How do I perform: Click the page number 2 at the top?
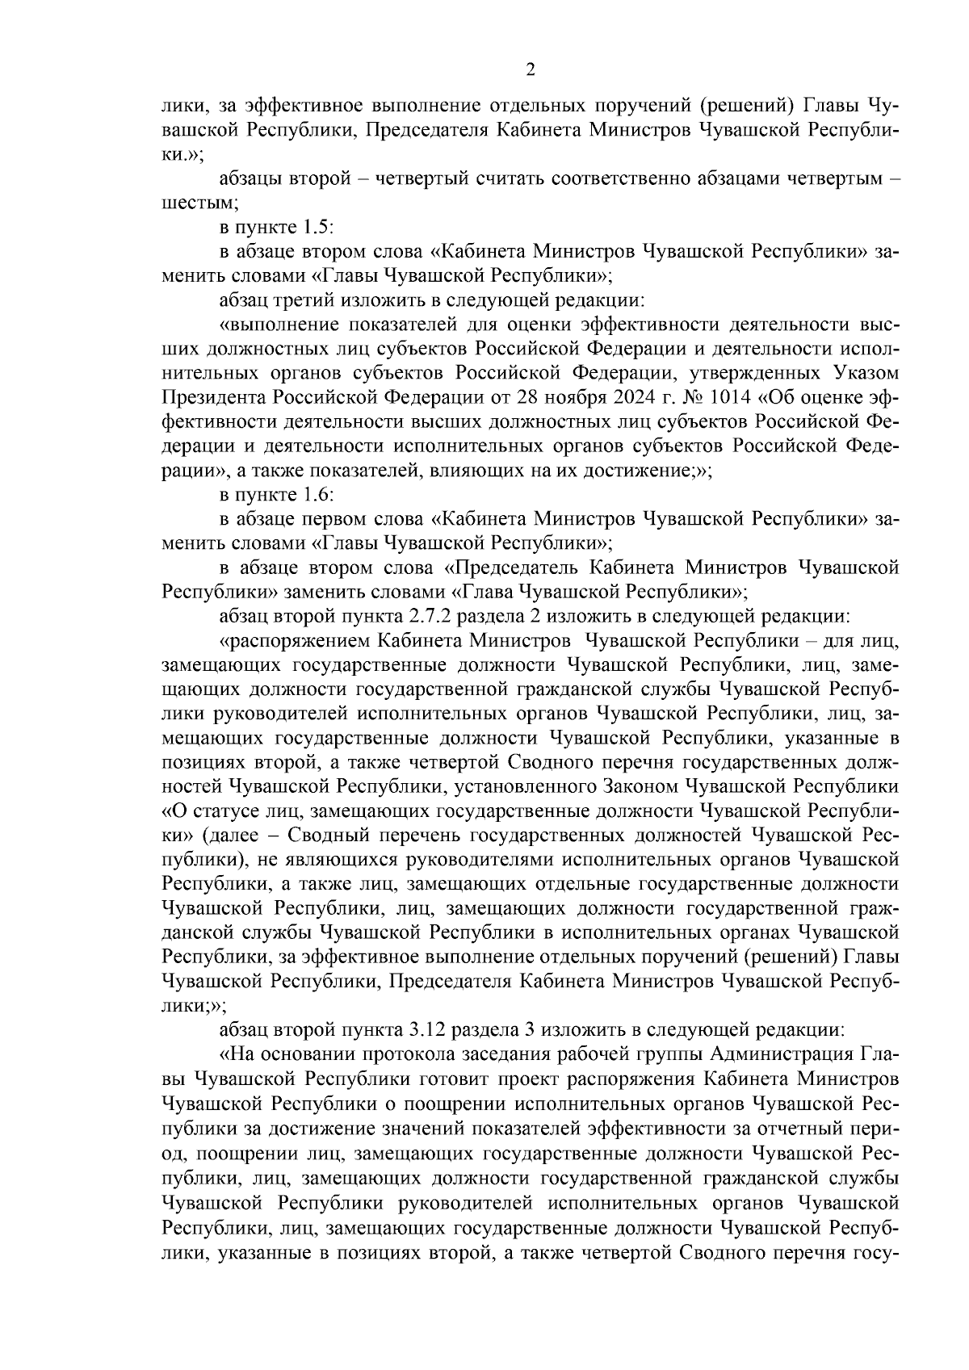pos(530,70)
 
